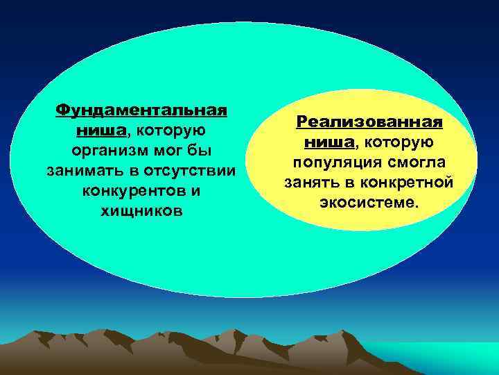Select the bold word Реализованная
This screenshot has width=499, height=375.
click(369, 122)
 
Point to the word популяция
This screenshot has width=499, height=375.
click(330, 162)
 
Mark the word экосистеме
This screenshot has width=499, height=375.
click(369, 203)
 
